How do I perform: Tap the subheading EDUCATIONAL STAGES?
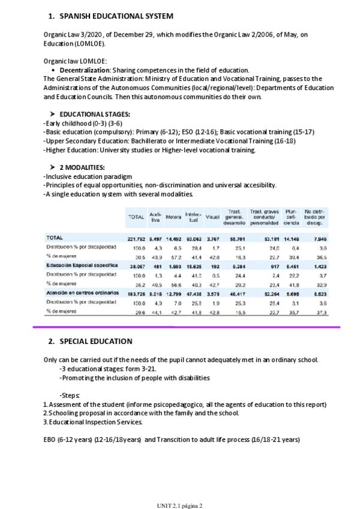pos(95,114)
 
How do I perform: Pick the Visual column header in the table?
pos(212,217)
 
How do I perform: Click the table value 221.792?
pos(136,238)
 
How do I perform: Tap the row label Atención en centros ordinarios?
pos(80,292)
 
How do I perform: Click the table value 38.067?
pos(137,264)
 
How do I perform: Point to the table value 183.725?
pos(136,292)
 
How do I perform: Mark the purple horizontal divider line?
pos(185,328)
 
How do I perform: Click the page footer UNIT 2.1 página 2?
pos(179,505)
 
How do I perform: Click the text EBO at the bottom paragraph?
pos(50,439)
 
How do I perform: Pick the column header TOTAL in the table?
pos(136,217)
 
